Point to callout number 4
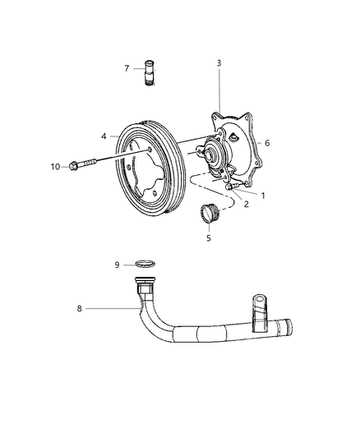tap(104, 135)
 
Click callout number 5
tap(209, 238)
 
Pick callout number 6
tap(267, 142)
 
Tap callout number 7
tap(127, 68)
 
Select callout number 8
tap(79, 309)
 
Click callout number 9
tap(117, 265)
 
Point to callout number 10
tap(55, 167)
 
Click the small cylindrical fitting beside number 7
tap(150, 69)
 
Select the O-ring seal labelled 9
tap(145, 264)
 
